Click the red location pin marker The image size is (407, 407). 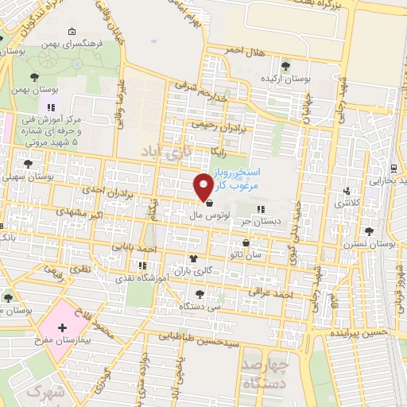pyautogui.click(x=203, y=187)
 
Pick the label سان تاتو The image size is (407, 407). pyautogui.click(x=246, y=254)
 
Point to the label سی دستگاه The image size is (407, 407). pyautogui.click(x=196, y=305)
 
